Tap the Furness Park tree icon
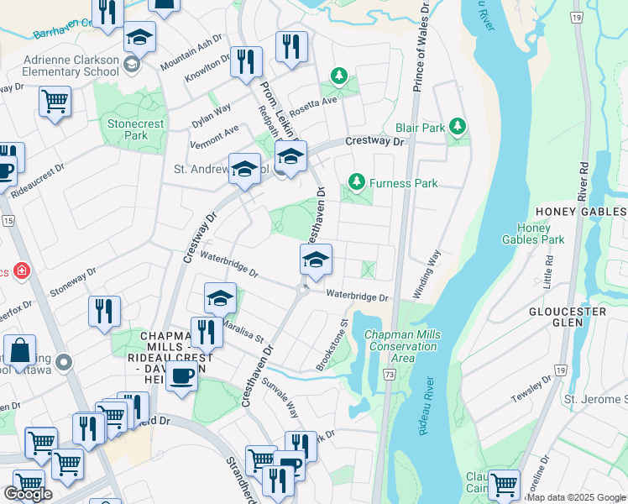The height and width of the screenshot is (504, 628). (357, 182)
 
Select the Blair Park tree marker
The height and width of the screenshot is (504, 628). (457, 127)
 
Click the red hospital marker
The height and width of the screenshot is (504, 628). (21, 272)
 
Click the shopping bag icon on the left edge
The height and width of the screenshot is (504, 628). (18, 350)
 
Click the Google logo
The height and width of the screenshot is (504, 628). (28, 494)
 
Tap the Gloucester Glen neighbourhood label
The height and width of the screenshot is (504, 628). (568, 317)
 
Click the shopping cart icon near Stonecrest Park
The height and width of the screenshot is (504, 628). (55, 102)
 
